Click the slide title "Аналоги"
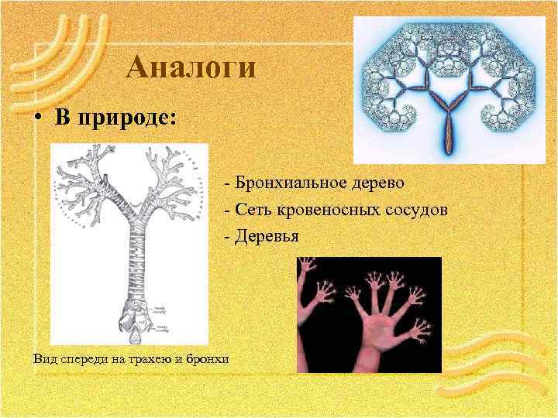pyautogui.click(x=191, y=67)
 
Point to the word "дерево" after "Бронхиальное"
pyautogui.click(x=367, y=183)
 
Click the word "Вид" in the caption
pyautogui.click(x=45, y=358)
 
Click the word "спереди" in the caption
pyautogui.click(x=84, y=358)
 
